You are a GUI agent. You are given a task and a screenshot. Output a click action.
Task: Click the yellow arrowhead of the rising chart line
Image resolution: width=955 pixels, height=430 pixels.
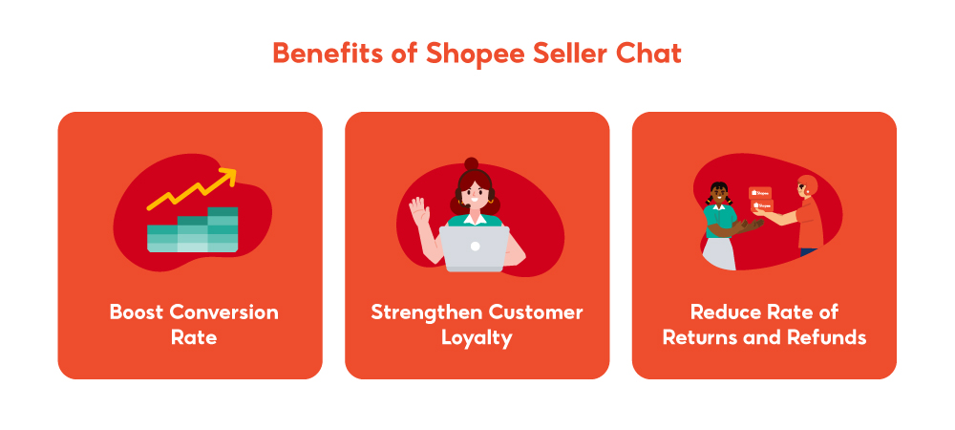[228, 175]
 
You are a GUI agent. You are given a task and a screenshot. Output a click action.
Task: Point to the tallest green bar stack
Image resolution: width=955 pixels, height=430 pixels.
[222, 229]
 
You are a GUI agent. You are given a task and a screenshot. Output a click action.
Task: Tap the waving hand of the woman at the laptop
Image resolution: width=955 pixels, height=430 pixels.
[417, 208]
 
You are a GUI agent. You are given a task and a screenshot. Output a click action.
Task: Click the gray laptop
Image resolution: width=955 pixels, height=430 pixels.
[475, 247]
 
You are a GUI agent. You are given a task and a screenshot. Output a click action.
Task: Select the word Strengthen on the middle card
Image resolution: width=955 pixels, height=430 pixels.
[427, 312]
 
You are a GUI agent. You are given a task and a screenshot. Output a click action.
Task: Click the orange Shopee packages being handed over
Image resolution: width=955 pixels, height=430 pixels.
[760, 200]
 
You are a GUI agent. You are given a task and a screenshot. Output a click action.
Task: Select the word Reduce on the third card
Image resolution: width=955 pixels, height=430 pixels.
[726, 312]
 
